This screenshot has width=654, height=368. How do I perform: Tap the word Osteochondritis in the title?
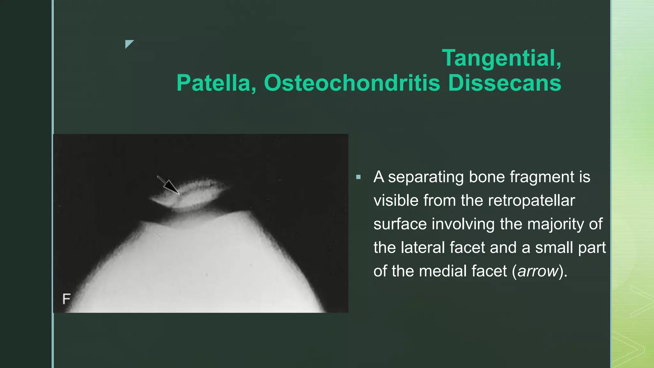pos(352,83)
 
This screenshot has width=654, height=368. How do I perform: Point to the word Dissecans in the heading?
pos(505,83)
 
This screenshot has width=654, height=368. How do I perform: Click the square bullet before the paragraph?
pos(358,177)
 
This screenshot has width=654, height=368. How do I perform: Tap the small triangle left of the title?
pos(129,44)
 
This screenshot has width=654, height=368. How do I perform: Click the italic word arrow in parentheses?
pos(538,271)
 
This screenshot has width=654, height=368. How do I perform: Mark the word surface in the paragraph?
pos(400,224)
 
